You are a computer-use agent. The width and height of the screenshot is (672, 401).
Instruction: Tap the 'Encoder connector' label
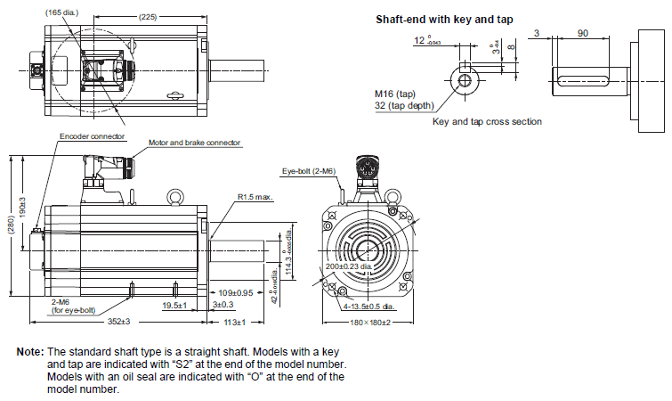pyautogui.click(x=93, y=137)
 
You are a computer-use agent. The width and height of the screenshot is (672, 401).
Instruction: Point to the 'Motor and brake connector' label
pyautogui.click(x=194, y=143)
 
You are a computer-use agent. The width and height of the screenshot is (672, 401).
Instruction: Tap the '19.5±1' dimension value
pyautogui.click(x=174, y=306)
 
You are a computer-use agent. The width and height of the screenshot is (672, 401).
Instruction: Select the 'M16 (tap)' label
pyautogui.click(x=395, y=93)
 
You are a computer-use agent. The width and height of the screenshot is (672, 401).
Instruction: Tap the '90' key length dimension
pyautogui.click(x=582, y=33)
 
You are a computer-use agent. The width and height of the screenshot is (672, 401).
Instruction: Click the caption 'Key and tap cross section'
pyautogui.click(x=487, y=121)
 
